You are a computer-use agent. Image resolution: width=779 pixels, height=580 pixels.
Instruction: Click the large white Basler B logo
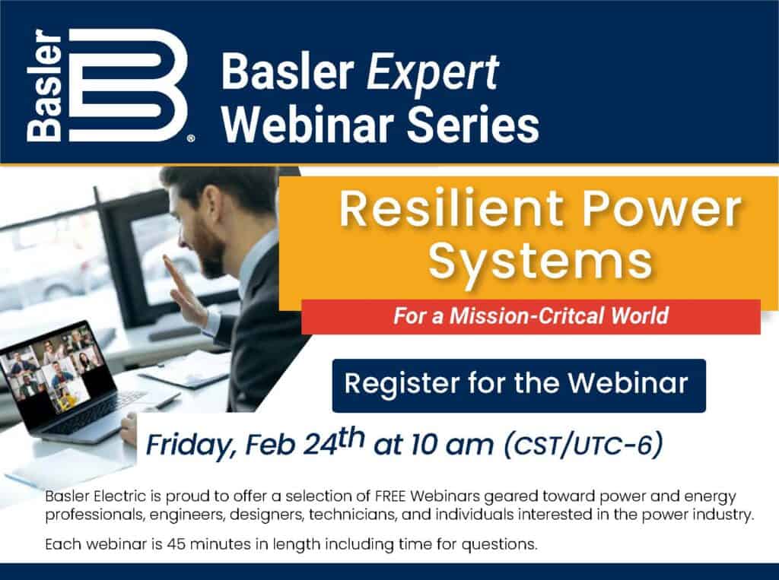coord(127,85)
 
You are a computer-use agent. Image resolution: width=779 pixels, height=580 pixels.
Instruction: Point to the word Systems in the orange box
coord(541,261)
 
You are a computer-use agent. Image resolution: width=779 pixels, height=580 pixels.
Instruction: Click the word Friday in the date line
coord(189,445)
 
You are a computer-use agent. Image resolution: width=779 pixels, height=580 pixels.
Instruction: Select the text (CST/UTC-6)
coord(583,445)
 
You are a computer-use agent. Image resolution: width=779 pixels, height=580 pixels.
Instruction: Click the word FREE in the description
coord(390,496)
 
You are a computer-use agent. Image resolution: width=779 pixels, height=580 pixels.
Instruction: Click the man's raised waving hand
coord(186,290)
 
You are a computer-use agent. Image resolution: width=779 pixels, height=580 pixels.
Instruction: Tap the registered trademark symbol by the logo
coord(191,139)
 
